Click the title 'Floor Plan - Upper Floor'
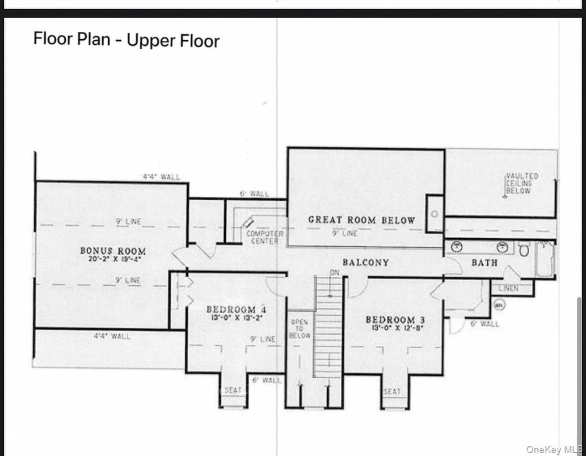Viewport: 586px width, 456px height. pyautogui.click(x=126, y=40)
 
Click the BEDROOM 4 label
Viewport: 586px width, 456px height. pyautogui.click(x=236, y=310)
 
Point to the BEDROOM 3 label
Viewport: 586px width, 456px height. pyautogui.click(x=395, y=319)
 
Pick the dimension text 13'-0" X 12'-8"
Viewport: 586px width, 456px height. pyautogui.click(x=395, y=328)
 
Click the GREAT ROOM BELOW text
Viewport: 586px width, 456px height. pyautogui.click(x=361, y=220)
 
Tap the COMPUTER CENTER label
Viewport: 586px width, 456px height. pyautogui.click(x=264, y=237)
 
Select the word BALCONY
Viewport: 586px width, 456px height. pyautogui.click(x=365, y=263)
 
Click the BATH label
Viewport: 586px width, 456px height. pyautogui.click(x=484, y=263)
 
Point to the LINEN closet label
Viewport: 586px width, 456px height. pyautogui.click(x=508, y=289)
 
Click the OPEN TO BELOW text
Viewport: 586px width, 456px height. pyautogui.click(x=300, y=329)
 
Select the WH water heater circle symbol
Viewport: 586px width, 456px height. pyautogui.click(x=499, y=305)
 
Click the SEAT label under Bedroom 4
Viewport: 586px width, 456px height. pyautogui.click(x=233, y=390)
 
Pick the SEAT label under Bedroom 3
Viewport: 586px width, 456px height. pyautogui.click(x=392, y=391)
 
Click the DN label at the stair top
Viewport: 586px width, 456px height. pyautogui.click(x=334, y=273)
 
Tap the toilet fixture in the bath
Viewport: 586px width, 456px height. pyautogui.click(x=524, y=248)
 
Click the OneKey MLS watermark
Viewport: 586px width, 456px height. pyautogui.click(x=554, y=450)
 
